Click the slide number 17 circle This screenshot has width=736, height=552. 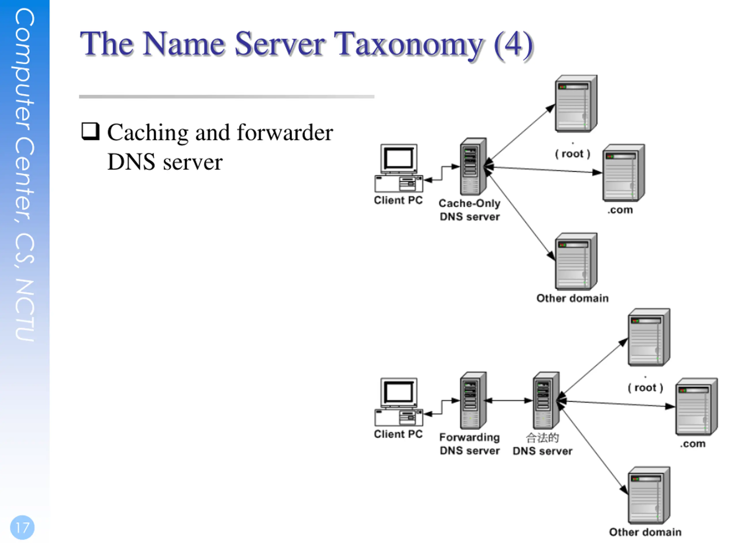point(22,527)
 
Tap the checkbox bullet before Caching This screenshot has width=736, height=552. point(91,131)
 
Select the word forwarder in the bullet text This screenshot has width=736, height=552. point(285,133)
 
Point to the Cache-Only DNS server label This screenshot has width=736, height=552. point(469,210)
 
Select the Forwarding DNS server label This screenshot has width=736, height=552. point(469,444)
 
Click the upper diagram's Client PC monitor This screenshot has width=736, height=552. point(398,159)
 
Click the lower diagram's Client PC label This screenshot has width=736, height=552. point(398,434)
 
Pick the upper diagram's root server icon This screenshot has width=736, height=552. point(576,104)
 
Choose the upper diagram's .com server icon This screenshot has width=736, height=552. point(624,173)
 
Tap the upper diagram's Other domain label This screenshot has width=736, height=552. point(572,298)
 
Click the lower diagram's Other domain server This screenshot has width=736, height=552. point(649,495)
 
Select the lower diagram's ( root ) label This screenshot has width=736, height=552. point(645,388)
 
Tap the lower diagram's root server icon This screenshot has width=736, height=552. point(649,338)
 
